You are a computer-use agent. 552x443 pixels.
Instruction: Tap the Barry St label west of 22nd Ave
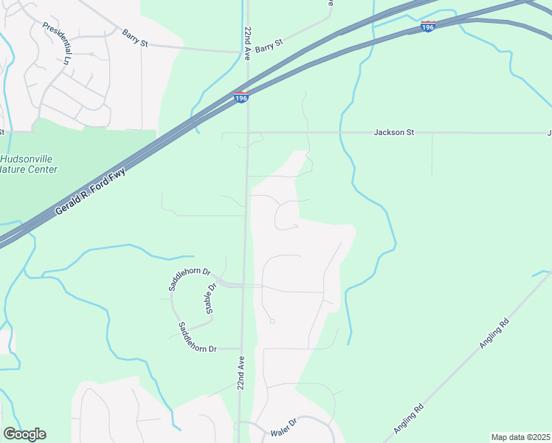coord(135,38)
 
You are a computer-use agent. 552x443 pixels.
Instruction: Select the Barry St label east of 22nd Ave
coord(269,46)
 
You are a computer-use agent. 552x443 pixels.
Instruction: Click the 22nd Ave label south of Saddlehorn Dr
coord(241,374)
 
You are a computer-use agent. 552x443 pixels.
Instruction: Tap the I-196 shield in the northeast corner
coord(428,26)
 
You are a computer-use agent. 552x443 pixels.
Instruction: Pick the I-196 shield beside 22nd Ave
coord(241,97)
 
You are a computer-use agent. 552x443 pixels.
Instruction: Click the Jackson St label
coord(394,132)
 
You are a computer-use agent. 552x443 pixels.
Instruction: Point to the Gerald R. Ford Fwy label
coord(91,192)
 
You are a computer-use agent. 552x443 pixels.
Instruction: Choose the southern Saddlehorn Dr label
coord(197,337)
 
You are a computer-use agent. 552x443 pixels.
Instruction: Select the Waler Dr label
coord(283,427)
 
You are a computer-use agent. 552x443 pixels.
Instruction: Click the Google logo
coord(24,434)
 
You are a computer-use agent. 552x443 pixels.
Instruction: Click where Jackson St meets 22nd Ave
coord(247,133)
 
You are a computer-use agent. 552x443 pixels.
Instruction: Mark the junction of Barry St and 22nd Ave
coord(247,52)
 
